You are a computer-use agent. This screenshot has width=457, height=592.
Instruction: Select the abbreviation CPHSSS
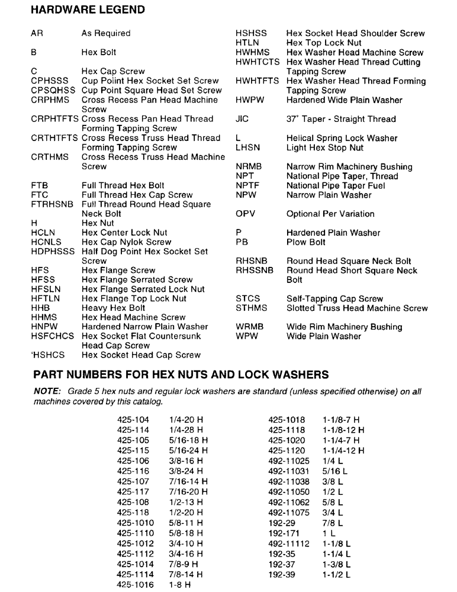50,81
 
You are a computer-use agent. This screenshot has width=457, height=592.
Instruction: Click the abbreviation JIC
242,119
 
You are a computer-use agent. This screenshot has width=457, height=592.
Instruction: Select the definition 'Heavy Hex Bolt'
113,308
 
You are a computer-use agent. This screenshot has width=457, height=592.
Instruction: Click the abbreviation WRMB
249,327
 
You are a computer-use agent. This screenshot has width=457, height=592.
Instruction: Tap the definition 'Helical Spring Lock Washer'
342,138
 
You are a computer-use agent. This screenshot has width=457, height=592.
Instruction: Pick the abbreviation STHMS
251,308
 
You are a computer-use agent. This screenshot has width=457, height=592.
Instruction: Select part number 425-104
133,420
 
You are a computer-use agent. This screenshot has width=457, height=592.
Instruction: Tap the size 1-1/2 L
336,574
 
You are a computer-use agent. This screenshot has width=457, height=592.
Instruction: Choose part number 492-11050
289,492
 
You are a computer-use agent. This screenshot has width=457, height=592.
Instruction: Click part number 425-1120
287,451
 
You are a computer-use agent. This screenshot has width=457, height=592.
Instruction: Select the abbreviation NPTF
247,185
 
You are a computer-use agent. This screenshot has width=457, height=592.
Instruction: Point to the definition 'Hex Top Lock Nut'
323,43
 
